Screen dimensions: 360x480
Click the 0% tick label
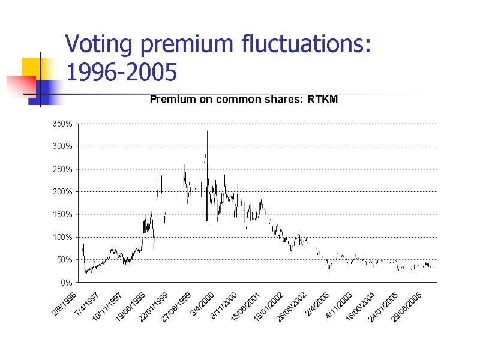(66, 282)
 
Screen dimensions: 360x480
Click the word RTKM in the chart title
(322, 100)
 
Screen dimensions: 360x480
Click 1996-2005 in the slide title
(121, 73)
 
